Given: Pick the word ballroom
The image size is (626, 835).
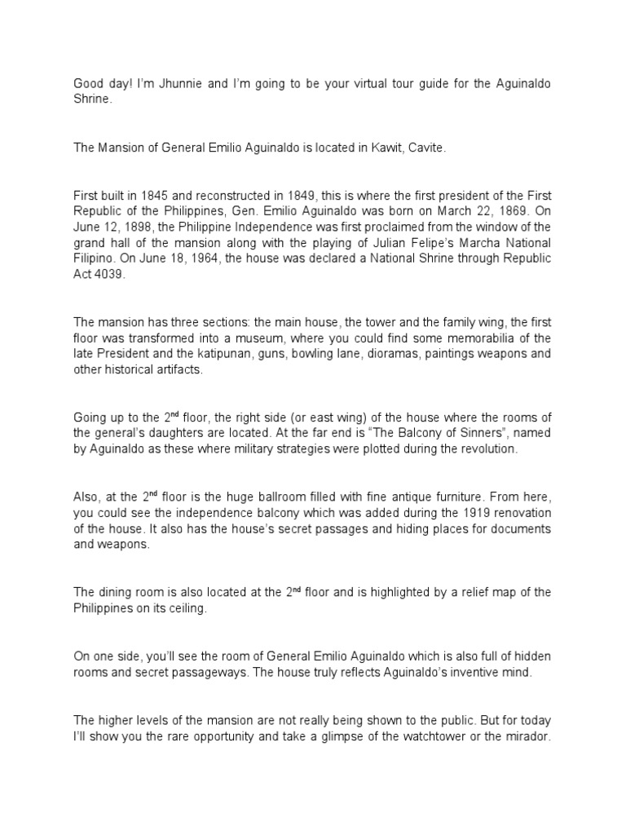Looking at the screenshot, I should pyautogui.click(x=274, y=497).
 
